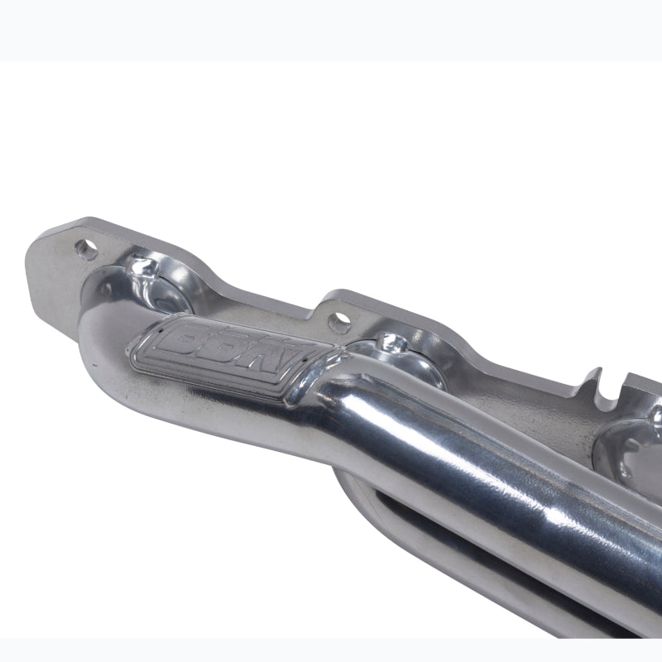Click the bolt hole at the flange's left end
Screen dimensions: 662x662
coord(85,247)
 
